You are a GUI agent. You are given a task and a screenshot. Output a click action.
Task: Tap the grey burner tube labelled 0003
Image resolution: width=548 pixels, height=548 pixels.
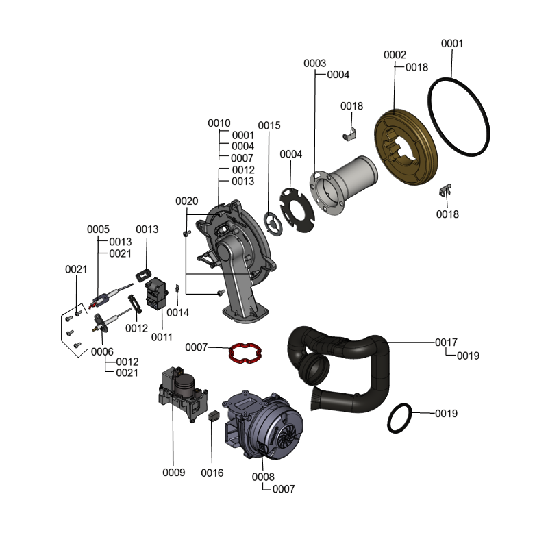click(x=349, y=185)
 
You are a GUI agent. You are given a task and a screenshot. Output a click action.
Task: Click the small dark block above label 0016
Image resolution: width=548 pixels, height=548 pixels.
click(x=212, y=416)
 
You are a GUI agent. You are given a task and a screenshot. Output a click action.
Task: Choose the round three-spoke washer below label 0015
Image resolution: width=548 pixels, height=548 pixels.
click(x=273, y=223)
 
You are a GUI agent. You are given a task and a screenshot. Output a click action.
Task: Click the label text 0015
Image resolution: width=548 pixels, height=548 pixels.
click(x=269, y=125)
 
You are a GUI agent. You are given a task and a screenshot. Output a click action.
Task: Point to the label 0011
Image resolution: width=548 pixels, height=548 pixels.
click(x=162, y=336)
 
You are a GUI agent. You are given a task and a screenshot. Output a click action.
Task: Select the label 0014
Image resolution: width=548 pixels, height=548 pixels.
click(x=178, y=312)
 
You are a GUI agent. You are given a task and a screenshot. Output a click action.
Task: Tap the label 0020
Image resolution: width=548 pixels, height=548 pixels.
click(x=186, y=201)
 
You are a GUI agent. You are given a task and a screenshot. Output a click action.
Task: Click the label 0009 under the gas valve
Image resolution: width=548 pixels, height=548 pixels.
click(x=173, y=473)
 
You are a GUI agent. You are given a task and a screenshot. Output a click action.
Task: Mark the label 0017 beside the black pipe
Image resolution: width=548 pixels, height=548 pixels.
click(x=446, y=342)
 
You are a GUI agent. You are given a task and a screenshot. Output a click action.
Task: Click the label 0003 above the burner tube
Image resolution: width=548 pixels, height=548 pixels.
click(x=314, y=63)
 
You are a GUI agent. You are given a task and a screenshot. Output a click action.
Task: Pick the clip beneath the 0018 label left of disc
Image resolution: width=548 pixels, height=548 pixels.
click(x=350, y=133)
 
